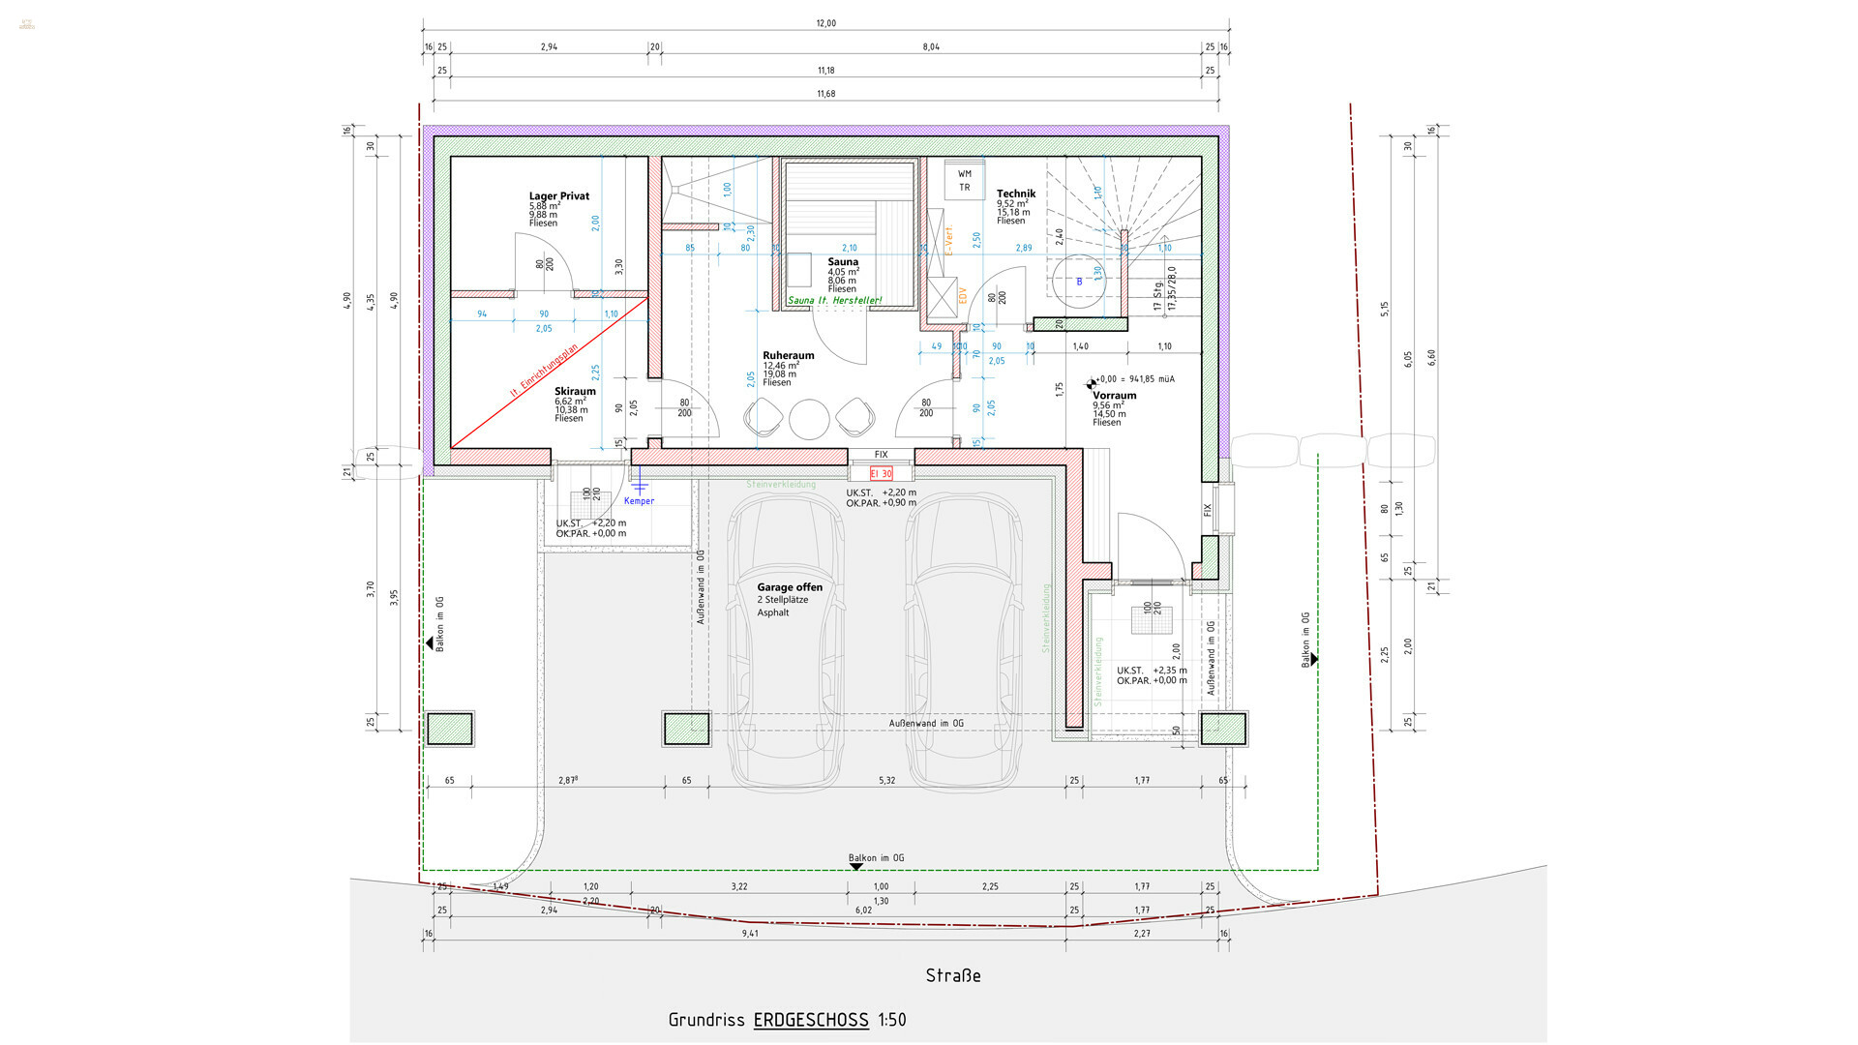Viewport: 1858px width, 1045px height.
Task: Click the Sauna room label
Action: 842,262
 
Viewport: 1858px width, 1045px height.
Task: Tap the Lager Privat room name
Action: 558,196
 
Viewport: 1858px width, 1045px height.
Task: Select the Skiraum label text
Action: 575,392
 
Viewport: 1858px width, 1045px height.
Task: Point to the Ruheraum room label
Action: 788,356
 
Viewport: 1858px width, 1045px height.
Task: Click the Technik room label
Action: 1015,194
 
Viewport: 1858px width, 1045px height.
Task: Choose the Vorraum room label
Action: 1114,396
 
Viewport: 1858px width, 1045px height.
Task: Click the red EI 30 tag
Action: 881,473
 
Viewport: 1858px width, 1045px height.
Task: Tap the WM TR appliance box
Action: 964,180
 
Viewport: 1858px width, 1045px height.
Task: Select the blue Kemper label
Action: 639,501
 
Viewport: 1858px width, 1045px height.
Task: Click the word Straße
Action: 952,975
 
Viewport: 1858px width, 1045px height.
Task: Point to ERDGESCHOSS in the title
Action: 810,1020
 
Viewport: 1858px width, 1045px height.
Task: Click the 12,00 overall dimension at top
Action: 825,23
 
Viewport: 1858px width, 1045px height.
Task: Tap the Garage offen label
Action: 790,587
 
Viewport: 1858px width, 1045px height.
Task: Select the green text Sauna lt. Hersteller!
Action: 834,301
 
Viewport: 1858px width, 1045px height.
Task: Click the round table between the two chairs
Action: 809,419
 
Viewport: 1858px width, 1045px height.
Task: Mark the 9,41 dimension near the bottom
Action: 750,934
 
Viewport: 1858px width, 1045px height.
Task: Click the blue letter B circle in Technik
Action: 1079,282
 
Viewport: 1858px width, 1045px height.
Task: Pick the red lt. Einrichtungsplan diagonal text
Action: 544,372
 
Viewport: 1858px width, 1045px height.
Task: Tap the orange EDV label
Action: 963,295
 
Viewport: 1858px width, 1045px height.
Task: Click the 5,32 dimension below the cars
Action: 886,780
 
